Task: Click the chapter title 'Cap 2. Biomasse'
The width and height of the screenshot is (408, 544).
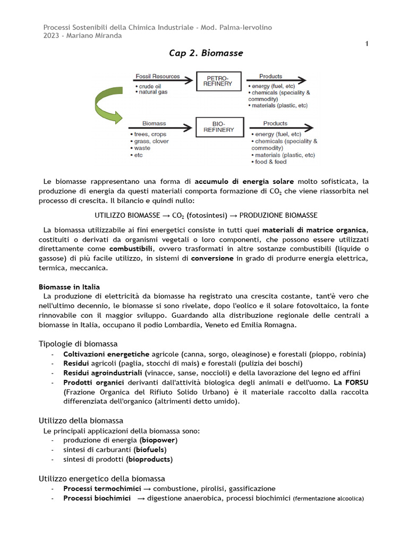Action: pyautogui.click(x=206, y=53)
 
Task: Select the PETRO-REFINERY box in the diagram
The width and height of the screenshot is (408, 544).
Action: pyautogui.click(x=218, y=81)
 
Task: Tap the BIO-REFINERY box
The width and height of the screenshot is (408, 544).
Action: pyautogui.click(x=218, y=126)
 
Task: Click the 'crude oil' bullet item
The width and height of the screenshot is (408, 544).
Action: pyautogui.click(x=150, y=86)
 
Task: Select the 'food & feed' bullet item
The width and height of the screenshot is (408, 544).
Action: pyautogui.click(x=273, y=161)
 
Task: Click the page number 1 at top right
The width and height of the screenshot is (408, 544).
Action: pyautogui.click(x=367, y=44)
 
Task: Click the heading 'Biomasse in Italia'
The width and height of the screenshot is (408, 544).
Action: pyautogui.click(x=69, y=287)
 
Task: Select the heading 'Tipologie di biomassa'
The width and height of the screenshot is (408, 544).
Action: pyautogui.click(x=78, y=344)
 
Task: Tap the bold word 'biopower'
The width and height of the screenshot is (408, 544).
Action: pyautogui.click(x=158, y=440)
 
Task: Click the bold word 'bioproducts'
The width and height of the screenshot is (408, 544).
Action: pyautogui.click(x=149, y=459)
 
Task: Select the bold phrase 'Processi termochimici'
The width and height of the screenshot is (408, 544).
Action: pyautogui.click(x=102, y=488)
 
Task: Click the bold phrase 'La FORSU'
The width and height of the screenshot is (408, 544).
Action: pyautogui.click(x=351, y=382)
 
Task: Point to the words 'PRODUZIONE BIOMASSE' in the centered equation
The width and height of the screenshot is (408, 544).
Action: pyautogui.click(x=278, y=215)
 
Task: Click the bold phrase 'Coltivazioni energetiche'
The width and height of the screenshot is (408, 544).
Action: pyautogui.click(x=106, y=354)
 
